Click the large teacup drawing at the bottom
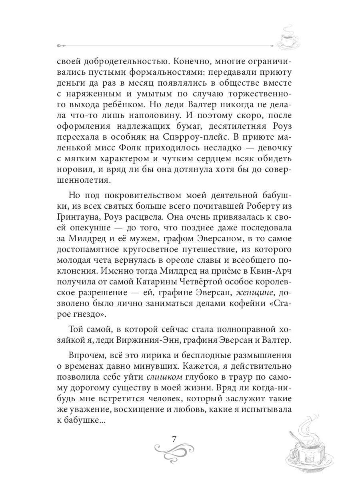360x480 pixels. coord(308,444)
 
